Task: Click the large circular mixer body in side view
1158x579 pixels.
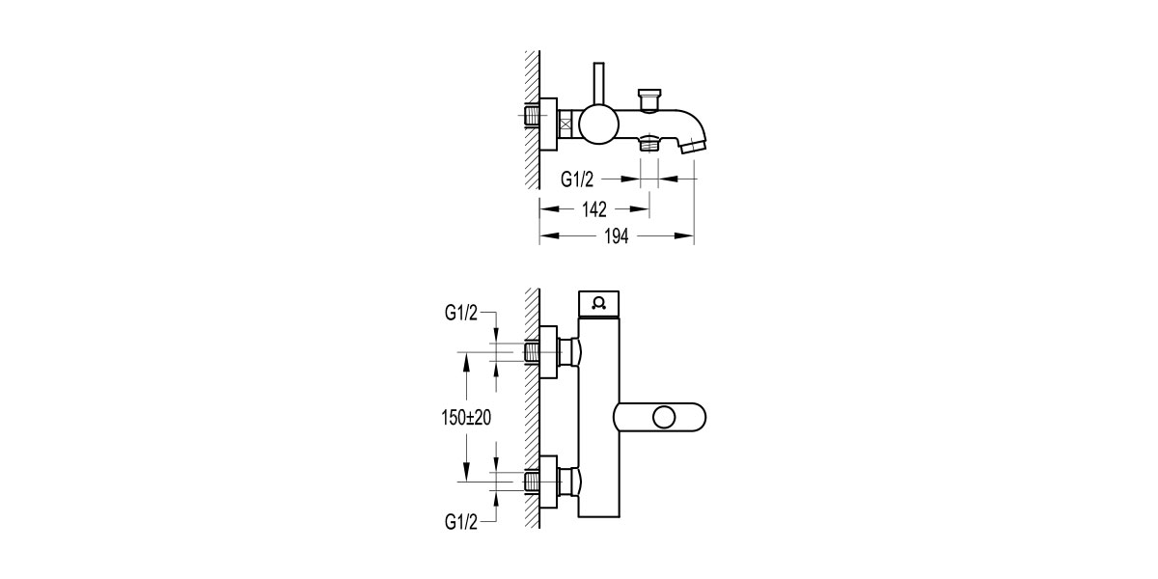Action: tap(599, 124)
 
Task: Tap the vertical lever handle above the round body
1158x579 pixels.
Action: tap(598, 85)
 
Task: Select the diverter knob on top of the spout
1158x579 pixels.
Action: tap(648, 98)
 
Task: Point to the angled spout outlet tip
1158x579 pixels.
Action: tap(692, 148)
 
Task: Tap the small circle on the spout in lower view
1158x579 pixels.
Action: tap(663, 418)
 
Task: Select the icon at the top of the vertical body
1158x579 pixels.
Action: tap(599, 302)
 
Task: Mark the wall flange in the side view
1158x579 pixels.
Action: tap(548, 124)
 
